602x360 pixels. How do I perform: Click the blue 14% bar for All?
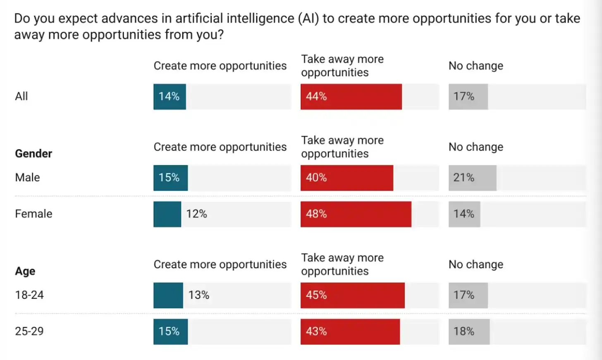[170, 97]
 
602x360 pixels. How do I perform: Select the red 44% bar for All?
[351, 97]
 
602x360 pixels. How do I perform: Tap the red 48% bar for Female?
[356, 214]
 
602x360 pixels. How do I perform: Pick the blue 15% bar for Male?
[170, 178]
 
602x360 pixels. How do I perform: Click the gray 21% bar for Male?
[472, 178]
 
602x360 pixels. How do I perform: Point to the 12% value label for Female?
[196, 214]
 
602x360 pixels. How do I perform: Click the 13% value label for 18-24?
[199, 295]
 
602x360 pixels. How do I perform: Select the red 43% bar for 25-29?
[350, 331]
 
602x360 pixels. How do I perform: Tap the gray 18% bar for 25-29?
[469, 331]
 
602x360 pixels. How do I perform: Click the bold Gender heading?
[33, 154]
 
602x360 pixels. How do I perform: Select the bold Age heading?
[25, 271]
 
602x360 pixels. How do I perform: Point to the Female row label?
[33, 214]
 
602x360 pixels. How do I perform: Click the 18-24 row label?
[29, 295]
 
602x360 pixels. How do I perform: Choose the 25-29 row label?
[29, 331]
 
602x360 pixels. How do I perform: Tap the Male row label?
[27, 178]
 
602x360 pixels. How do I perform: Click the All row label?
[21, 97]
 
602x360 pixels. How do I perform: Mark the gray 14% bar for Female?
[464, 214]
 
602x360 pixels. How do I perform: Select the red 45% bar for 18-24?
[353, 295]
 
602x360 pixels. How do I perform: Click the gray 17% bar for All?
[468, 97]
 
